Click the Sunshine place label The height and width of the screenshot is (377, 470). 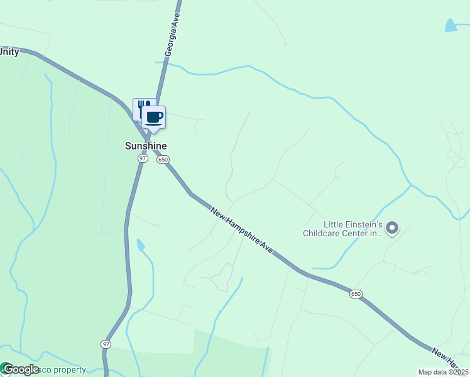pos(146,146)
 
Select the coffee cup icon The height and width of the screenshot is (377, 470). pos(154,116)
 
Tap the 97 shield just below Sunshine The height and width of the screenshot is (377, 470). pos(142,159)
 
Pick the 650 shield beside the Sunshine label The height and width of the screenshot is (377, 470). pos(163,160)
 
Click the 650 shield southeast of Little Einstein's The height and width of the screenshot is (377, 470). pos(356,294)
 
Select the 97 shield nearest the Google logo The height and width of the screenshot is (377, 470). pos(106,344)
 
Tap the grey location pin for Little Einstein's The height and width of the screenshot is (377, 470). pos(392,227)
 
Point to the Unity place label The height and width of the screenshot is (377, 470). pos(9,52)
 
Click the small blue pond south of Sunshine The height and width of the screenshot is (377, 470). pos(140,244)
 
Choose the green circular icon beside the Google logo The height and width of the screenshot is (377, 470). pos(5,369)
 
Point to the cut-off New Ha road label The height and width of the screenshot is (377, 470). pos(451,358)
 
